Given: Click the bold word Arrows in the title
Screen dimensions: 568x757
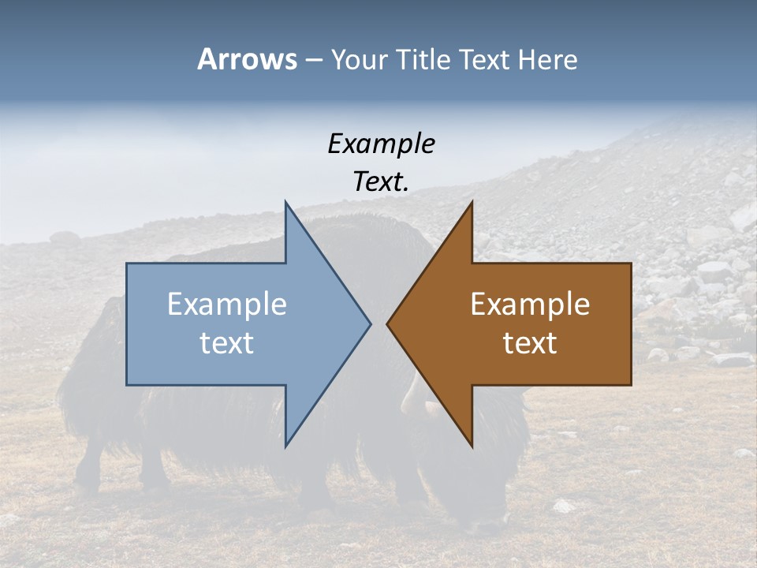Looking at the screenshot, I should click(x=247, y=59).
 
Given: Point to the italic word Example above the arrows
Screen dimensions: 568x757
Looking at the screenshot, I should click(x=381, y=144).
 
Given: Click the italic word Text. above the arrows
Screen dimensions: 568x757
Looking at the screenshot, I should click(x=381, y=182).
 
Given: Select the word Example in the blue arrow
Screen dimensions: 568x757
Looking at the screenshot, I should click(x=227, y=305).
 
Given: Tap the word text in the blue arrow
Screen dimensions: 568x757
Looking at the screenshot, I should click(x=227, y=343).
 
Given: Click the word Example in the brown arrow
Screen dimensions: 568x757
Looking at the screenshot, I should click(x=530, y=305).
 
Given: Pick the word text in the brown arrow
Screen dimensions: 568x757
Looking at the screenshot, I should click(x=530, y=343).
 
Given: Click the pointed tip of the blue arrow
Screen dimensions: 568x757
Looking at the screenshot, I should click(x=370, y=323).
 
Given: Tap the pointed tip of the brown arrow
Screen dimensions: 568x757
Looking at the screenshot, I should click(x=388, y=323).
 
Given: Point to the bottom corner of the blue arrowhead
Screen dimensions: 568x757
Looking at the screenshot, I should click(x=286, y=445).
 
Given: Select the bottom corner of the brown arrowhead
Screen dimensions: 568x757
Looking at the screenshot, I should click(x=472, y=445).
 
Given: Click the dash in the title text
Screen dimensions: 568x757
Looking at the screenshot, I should click(x=313, y=60).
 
